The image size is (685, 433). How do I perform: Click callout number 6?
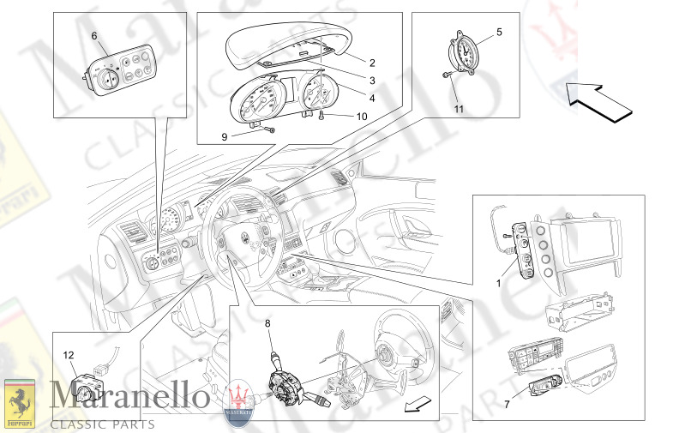click(94, 35)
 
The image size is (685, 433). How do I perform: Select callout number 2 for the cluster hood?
click(372, 62)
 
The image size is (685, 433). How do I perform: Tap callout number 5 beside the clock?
click(500, 33)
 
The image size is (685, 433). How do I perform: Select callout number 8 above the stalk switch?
click(267, 324)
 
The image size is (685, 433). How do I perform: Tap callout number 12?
click(69, 355)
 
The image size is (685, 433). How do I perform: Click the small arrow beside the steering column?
click(418, 404)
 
